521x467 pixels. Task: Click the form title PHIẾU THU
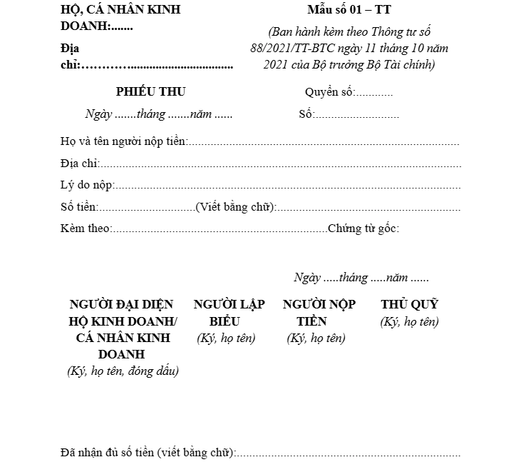click(150, 91)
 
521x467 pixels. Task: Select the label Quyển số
click(329, 92)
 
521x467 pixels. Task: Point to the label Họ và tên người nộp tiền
click(123, 141)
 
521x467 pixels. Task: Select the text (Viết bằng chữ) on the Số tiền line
click(235, 207)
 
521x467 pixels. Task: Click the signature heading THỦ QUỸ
click(409, 304)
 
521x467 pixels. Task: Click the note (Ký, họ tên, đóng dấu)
click(123, 371)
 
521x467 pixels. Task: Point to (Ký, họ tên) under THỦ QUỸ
click(409, 321)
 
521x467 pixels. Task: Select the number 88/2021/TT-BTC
click(286, 48)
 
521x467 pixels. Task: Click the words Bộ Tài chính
click(400, 64)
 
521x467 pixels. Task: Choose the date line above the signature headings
click(361, 277)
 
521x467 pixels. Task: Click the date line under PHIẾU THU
click(158, 114)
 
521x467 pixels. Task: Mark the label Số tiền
click(78, 207)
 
